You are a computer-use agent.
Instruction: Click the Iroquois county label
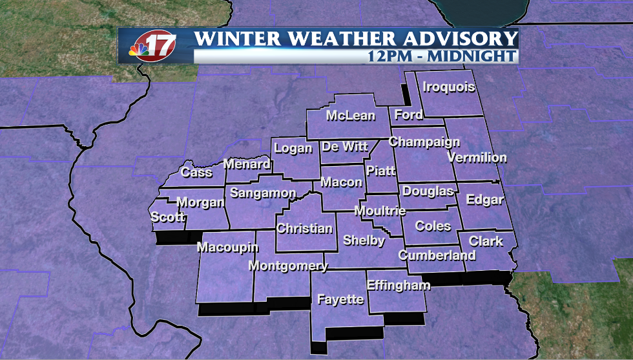(x=449, y=87)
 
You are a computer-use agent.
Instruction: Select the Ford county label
(x=408, y=115)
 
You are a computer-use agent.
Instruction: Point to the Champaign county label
(x=424, y=142)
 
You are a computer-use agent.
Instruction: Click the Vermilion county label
(x=477, y=157)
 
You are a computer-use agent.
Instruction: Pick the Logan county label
(x=293, y=148)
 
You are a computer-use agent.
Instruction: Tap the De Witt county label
(x=345, y=147)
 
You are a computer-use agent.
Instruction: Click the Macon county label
(x=342, y=182)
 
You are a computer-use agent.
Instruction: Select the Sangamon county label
(x=263, y=193)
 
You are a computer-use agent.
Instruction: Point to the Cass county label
(x=196, y=172)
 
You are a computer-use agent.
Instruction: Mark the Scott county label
(x=168, y=217)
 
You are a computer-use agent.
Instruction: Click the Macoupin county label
(x=227, y=248)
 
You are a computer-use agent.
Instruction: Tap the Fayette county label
(x=340, y=299)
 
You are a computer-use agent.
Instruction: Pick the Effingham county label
(x=398, y=285)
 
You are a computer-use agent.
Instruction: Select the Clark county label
(x=486, y=241)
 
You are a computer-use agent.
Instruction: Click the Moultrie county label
(x=380, y=211)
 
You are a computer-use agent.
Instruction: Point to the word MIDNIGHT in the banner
(x=475, y=56)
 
